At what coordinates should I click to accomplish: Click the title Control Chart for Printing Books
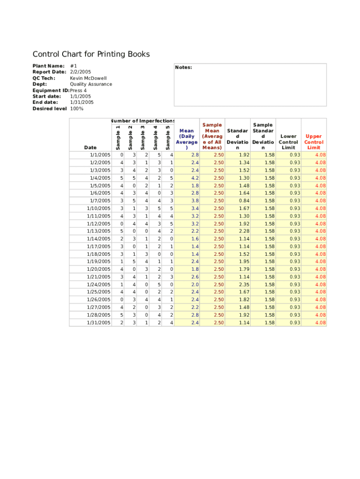coord(91,54)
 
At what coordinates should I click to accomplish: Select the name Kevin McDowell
coord(88,78)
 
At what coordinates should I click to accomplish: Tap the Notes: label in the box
coord(183,67)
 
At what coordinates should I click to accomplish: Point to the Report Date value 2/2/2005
coord(80,72)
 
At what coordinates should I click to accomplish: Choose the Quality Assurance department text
coord(91,84)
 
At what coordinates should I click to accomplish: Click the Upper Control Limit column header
coord(313,142)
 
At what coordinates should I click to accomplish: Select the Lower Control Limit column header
coord(288,142)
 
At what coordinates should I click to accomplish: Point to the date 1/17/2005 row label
coord(99,247)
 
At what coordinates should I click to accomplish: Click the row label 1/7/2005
coord(100,201)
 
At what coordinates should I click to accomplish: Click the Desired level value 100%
coord(77,109)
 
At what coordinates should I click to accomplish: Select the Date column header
coord(90,148)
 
